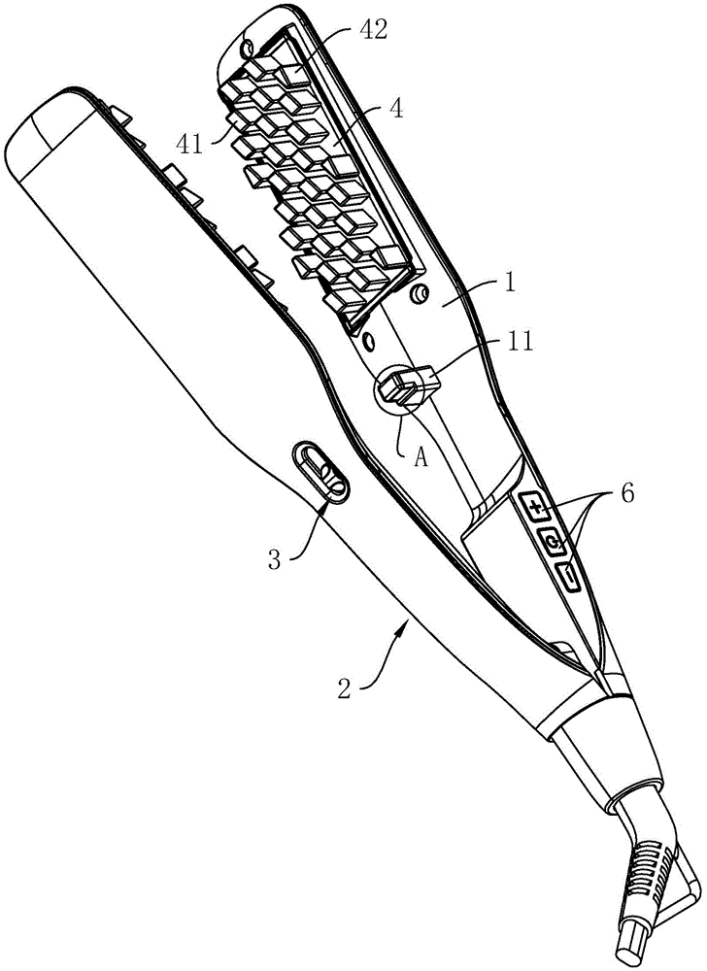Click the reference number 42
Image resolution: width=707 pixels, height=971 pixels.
tap(370, 30)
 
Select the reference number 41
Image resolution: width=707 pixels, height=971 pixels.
tap(190, 144)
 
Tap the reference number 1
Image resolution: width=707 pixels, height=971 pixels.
tap(508, 284)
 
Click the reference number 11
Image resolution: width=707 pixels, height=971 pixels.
tap(519, 342)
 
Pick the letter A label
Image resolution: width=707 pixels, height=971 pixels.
tap(421, 457)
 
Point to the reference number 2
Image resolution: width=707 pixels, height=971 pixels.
tap(346, 687)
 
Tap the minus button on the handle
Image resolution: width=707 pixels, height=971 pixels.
tap(569, 577)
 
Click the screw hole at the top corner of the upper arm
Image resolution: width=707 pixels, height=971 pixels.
tap(249, 47)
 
